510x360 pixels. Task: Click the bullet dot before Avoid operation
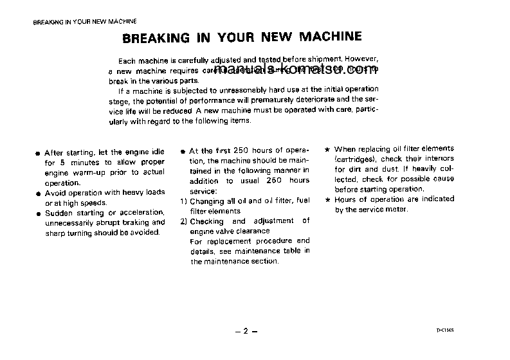pos(39,193)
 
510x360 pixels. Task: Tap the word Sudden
pos(59,213)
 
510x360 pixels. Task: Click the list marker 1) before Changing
pos(184,201)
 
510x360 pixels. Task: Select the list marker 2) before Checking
pos(184,221)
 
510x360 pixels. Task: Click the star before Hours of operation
pos(327,200)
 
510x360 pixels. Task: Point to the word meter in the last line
pos(396,210)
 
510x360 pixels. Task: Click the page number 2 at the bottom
pos(245,331)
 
